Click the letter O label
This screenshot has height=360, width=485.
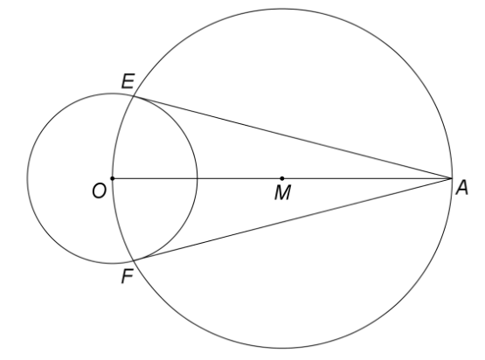[100, 190]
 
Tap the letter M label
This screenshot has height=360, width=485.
[283, 193]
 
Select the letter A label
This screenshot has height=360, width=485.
[462, 188]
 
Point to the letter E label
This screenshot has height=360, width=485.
[128, 81]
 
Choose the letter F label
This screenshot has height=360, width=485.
[127, 276]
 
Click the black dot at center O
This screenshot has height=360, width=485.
[112, 178]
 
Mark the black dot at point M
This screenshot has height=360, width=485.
[281, 178]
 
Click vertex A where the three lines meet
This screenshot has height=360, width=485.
[451, 178]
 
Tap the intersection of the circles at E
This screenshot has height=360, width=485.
[134, 96]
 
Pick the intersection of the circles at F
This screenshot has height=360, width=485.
[134, 260]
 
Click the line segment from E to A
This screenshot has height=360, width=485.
[292, 138]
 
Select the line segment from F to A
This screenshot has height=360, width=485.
[292, 219]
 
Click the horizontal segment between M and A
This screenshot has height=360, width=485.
[366, 178]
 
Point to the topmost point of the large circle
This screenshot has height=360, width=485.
[281, 9]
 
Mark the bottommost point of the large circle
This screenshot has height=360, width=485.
[281, 348]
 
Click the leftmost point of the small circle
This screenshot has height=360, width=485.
[28, 178]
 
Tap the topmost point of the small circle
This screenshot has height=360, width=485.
[112, 93]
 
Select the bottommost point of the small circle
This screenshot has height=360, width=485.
[112, 264]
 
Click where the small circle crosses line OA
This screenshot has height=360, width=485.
[197, 178]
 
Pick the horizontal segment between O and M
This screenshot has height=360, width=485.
[197, 178]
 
